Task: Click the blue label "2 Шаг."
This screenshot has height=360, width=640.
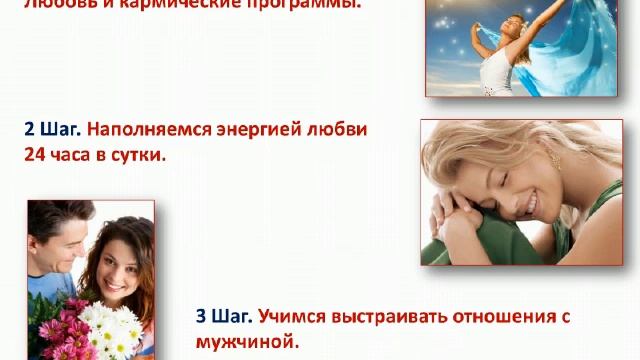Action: (x=52, y=130)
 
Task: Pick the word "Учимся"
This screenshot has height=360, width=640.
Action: (x=290, y=317)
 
